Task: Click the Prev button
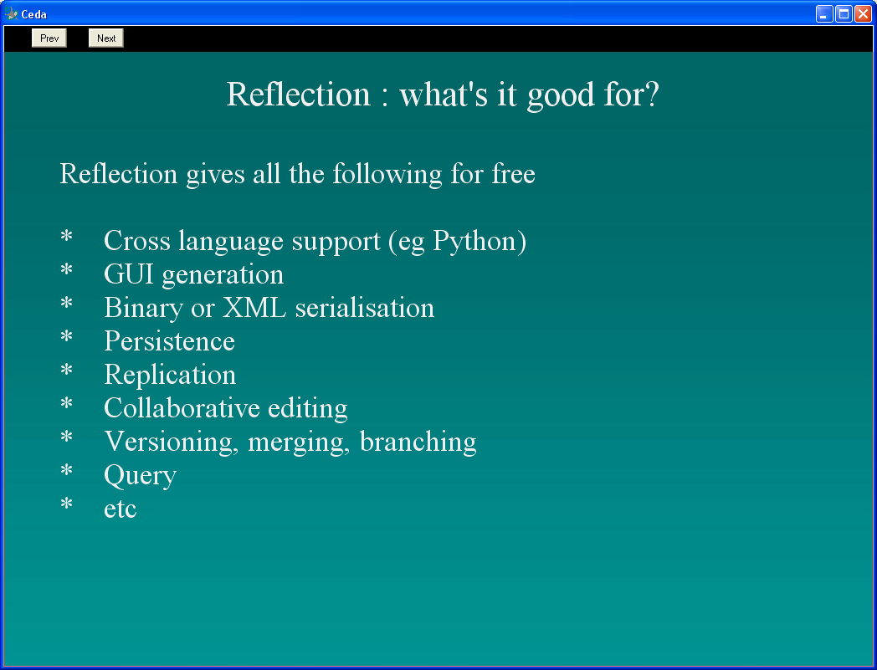pyautogui.click(x=49, y=38)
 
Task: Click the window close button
pyautogui.click(x=863, y=13)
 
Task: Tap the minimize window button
pyautogui.click(x=824, y=13)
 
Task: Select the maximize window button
pyautogui.click(x=844, y=13)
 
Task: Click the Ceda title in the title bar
pyautogui.click(x=34, y=14)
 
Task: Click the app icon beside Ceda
pyautogui.click(x=11, y=13)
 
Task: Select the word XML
pyautogui.click(x=254, y=308)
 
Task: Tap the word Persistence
pyautogui.click(x=170, y=341)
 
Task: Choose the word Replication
pyautogui.click(x=170, y=376)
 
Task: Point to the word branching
pyautogui.click(x=418, y=442)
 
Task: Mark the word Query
pyautogui.click(x=141, y=476)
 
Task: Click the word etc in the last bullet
pyautogui.click(x=121, y=509)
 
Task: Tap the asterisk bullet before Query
pyautogui.click(x=67, y=470)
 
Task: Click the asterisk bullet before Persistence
pyautogui.click(x=67, y=335)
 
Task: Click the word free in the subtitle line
pyautogui.click(x=514, y=173)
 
